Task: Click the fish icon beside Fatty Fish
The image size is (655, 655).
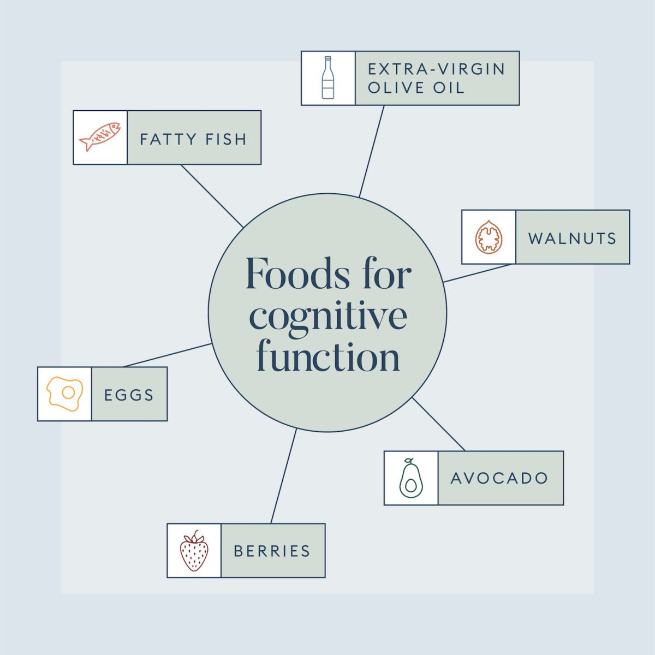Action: [100, 138]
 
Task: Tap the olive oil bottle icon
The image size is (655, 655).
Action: [327, 78]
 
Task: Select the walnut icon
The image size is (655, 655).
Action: [489, 237]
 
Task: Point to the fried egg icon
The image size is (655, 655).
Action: [64, 394]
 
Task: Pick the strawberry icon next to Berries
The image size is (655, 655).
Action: [194, 551]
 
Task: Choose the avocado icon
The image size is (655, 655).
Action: [410, 478]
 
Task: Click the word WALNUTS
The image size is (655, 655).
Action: [572, 238]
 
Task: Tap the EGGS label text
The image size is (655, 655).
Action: [129, 395]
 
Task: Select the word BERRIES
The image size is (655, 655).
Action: [272, 551]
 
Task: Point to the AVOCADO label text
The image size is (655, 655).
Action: [499, 478]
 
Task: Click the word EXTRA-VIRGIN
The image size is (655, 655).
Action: [437, 69]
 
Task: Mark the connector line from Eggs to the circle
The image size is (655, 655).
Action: [168, 355]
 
